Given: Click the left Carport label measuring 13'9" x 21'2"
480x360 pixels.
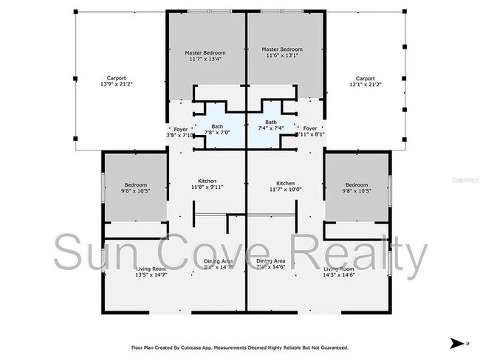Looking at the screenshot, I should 115,81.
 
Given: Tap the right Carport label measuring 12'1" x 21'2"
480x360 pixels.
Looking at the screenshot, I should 365,81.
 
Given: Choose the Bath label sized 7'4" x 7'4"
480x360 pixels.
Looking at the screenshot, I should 271,125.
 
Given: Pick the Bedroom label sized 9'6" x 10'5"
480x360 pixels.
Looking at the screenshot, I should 135,188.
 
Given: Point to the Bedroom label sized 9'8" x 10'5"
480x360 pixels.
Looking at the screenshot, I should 357,188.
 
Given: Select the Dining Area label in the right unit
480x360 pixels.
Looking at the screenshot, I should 270,264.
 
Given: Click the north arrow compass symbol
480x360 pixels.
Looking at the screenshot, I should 458,343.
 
